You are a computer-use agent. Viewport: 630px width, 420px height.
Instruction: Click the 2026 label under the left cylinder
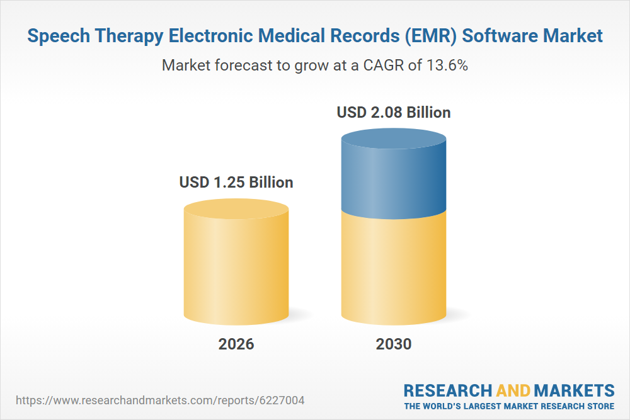pos(236,344)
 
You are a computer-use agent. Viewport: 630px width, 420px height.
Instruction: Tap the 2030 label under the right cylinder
pos(393,344)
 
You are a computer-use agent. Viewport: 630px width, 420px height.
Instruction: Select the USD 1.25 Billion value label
pos(236,183)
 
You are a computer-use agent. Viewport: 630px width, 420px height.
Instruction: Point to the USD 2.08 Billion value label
pos(394,113)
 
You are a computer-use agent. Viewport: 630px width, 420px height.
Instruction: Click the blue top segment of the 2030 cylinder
pos(394,179)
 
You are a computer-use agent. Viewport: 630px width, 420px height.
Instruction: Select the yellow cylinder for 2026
pos(236,264)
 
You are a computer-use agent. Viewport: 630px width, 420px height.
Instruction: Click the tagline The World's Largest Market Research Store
pos(509,406)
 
